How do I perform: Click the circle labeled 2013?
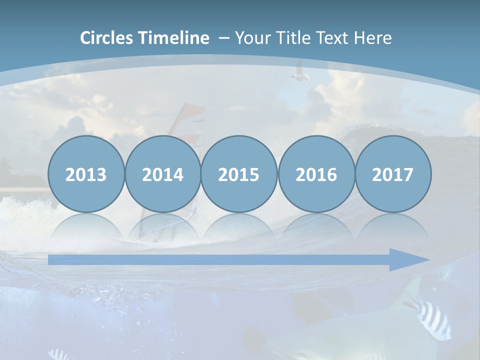86,174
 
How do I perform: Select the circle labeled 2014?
162,174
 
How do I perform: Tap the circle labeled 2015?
239,174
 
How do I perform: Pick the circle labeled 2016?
316,174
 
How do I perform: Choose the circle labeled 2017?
393,174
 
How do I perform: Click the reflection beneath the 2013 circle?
86,227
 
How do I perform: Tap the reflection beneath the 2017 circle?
393,227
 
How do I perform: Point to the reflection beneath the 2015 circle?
239,227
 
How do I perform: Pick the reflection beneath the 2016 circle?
316,227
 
